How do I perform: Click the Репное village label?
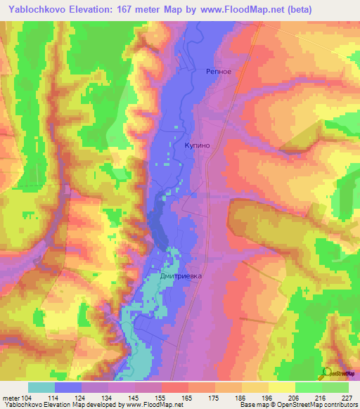point(218,71)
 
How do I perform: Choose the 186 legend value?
point(243,397)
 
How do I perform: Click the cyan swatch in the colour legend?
point(41,387)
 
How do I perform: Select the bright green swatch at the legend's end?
point(335,387)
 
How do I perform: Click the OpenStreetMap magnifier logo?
point(328,372)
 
